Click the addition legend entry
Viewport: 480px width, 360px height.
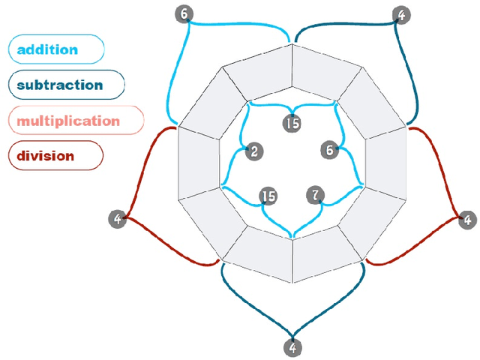(55, 50)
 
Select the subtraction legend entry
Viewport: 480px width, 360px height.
(66, 85)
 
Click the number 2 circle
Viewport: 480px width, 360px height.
(255, 151)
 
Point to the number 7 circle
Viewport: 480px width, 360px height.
(316, 196)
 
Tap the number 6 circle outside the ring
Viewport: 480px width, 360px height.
(183, 13)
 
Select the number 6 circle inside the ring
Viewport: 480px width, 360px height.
(328, 149)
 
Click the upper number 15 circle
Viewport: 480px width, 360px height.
(292, 123)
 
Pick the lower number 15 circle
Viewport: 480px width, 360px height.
(268, 196)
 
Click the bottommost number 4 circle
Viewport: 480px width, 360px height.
(292, 348)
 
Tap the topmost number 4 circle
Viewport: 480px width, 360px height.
(402, 14)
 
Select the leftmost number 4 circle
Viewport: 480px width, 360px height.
(117, 219)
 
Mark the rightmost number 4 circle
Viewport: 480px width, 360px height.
(467, 220)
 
